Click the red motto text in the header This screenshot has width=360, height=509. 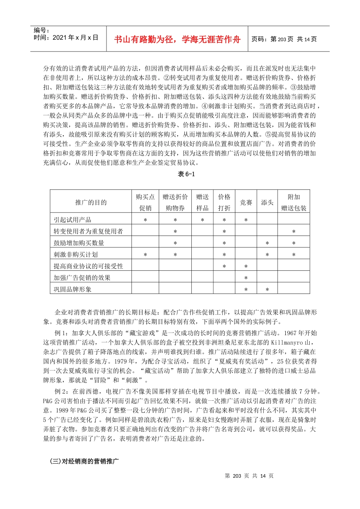coord(177,39)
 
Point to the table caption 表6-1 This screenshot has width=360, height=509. coord(186,174)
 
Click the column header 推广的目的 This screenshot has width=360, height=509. coord(91,202)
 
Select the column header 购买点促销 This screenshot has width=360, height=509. coord(145,202)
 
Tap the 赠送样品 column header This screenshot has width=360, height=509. coord(202,202)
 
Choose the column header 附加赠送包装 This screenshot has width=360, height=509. coord(294,202)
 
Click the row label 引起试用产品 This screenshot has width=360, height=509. coord(72,220)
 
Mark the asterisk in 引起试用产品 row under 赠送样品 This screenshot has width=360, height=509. coord(202,220)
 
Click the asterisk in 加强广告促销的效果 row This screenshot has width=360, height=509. coord(246,278)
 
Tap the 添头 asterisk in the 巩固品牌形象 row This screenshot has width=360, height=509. coord(267,290)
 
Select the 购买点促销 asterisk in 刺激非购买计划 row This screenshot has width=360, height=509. coord(145,255)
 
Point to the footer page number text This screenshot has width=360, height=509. coord(249,476)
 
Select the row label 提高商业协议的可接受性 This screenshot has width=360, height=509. coord(88,266)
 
